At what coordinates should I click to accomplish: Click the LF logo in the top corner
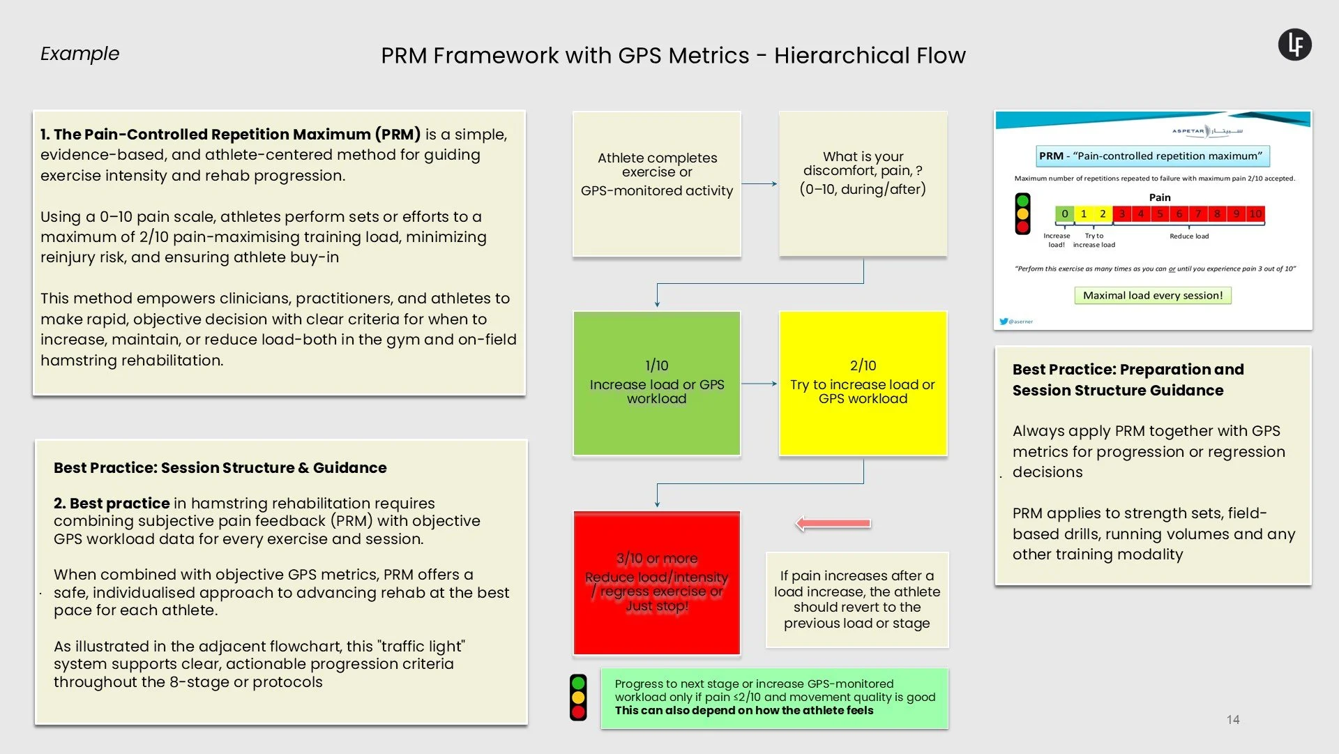[x=1294, y=45]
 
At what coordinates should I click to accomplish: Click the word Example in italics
[x=80, y=54]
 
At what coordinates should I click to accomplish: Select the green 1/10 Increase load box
[x=656, y=383]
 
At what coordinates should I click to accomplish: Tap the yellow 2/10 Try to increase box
[x=863, y=383]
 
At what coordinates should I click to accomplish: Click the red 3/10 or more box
[x=656, y=582]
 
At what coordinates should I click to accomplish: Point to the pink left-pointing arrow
[x=833, y=523]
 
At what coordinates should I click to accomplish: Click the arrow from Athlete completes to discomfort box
[x=759, y=184]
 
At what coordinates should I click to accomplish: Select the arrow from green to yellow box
[x=759, y=384]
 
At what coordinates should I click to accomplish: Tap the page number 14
[x=1233, y=719]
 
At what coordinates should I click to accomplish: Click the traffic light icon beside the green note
[x=578, y=698]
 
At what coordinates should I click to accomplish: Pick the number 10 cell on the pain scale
[x=1255, y=214]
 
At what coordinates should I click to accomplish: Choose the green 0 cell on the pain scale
[x=1064, y=214]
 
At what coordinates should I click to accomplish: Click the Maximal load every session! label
[x=1153, y=296]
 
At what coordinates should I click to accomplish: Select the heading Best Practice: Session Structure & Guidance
[x=220, y=468]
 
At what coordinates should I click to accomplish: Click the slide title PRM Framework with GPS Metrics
[x=673, y=55]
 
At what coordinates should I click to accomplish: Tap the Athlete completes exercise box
[x=656, y=183]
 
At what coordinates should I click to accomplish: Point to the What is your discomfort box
[x=863, y=183]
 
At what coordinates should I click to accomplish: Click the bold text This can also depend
[x=743, y=711]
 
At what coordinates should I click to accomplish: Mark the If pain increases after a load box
[x=857, y=600]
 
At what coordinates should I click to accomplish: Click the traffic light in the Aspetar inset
[x=1022, y=213]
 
